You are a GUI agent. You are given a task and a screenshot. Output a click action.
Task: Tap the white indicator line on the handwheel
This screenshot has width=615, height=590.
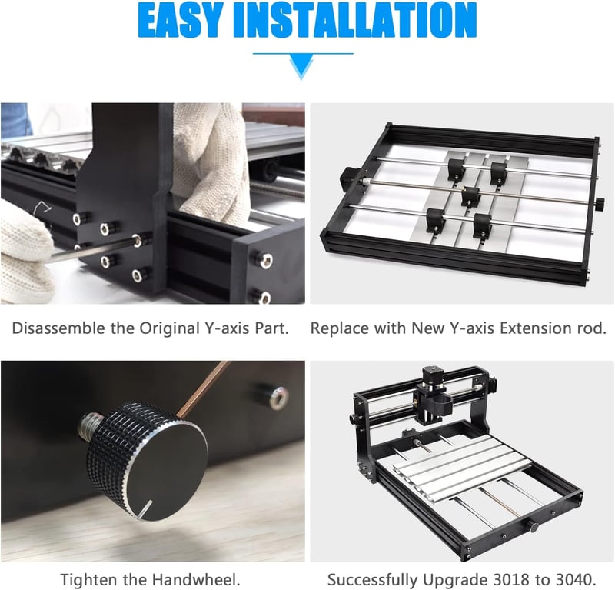coord(145,508)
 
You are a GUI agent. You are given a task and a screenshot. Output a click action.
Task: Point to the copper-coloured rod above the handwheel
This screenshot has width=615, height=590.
coord(202,388)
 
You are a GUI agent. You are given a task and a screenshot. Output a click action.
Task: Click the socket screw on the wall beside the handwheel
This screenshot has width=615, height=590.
coord(274,395)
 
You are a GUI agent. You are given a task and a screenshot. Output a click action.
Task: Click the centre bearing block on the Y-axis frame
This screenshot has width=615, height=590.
coord(470,196)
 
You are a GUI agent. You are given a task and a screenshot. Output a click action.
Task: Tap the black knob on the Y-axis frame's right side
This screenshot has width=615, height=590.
coord(600,204)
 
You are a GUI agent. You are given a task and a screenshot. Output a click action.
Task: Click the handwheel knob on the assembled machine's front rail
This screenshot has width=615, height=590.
coord(533,526)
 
